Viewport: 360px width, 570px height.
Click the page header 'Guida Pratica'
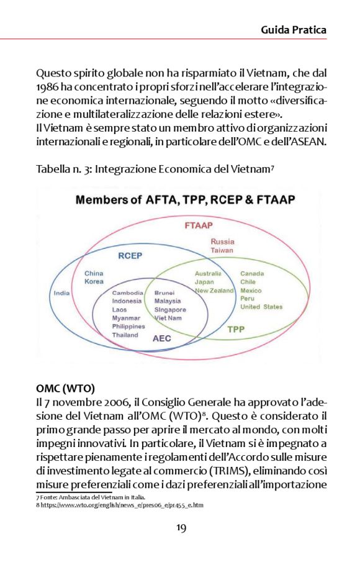click(x=293, y=29)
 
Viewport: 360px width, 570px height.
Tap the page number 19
click(x=179, y=528)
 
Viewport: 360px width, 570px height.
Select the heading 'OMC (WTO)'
click(x=65, y=389)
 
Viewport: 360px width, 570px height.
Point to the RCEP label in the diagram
click(x=131, y=255)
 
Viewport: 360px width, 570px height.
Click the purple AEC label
click(x=163, y=338)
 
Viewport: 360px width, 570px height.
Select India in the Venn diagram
click(x=61, y=293)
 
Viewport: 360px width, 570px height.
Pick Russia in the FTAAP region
click(x=222, y=241)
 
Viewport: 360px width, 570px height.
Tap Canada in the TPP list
click(x=252, y=273)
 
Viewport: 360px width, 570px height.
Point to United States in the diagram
click(x=261, y=307)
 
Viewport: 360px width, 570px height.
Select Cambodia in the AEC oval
click(x=128, y=292)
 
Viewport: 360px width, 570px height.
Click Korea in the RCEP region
click(x=94, y=282)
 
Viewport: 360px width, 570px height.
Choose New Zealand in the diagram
click(x=214, y=291)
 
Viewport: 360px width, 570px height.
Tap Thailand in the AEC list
click(x=125, y=335)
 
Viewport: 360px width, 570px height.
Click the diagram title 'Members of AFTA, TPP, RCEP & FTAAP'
click(x=185, y=201)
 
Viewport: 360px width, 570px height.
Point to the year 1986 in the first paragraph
click(x=48, y=86)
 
